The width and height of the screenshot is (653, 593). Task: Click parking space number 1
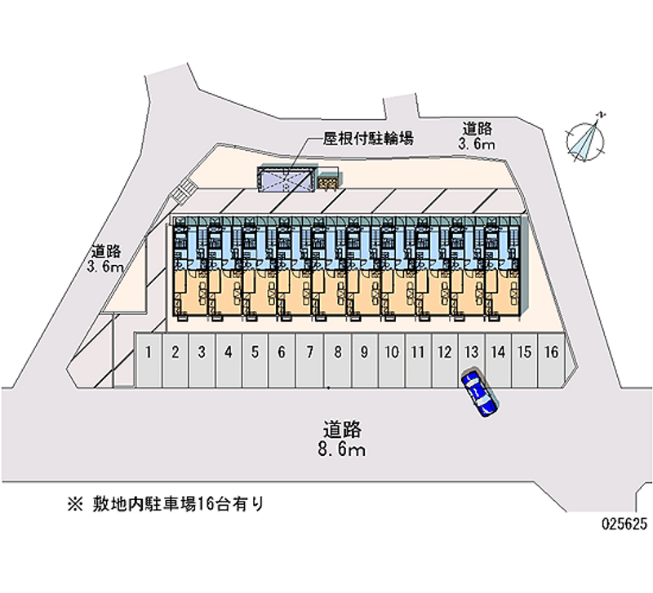coord(149,352)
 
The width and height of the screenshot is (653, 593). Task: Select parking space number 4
coord(229,352)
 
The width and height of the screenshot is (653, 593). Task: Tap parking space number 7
coord(309,352)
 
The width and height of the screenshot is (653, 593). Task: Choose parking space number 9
coord(364,352)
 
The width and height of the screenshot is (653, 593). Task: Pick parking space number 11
coord(417,352)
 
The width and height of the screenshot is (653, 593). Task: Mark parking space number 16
coord(552,352)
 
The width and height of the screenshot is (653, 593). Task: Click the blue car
coord(479,395)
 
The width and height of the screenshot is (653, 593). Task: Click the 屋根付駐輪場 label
coord(368,139)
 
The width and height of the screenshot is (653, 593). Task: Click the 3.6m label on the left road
coord(105,267)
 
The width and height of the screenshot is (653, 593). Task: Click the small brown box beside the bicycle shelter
coord(328,182)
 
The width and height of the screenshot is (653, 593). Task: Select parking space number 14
coord(498,352)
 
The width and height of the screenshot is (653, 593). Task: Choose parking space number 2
coord(175,352)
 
